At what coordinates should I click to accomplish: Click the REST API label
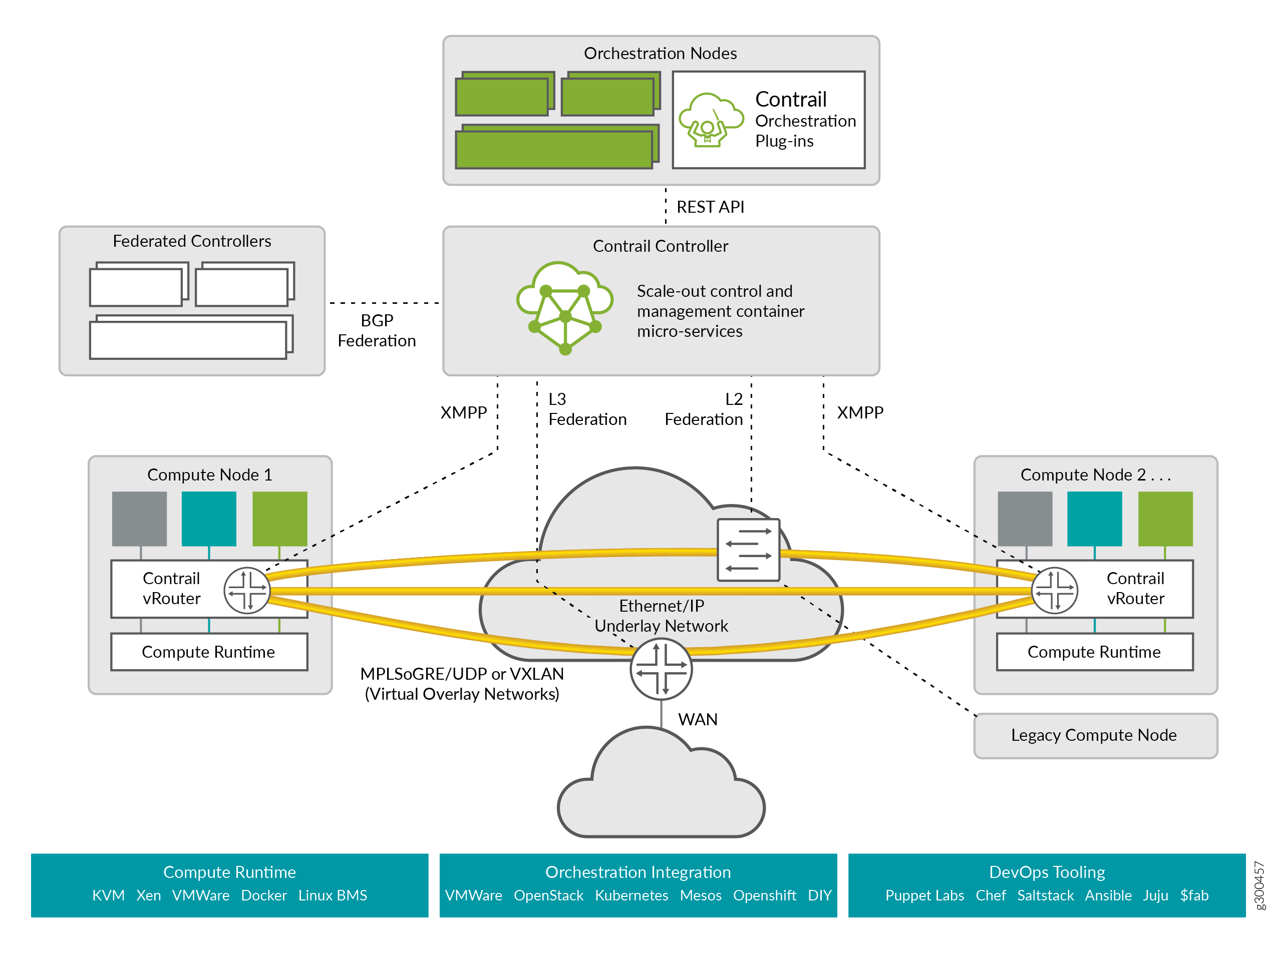[x=710, y=207]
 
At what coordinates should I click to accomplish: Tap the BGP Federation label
[x=377, y=331]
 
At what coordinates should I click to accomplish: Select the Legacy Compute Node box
[x=1095, y=735]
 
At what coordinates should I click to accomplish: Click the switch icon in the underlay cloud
[x=748, y=550]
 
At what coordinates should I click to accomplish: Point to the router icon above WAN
[x=661, y=669]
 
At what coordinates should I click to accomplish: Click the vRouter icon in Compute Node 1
[x=247, y=590]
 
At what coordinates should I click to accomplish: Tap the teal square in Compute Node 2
[x=1094, y=518]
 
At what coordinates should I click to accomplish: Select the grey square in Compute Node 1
[x=139, y=518]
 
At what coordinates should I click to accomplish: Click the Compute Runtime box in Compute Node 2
[x=1094, y=652]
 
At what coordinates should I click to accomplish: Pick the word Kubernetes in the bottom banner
[x=631, y=895]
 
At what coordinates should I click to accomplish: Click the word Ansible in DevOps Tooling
[x=1108, y=895]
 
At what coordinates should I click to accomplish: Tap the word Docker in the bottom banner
[x=264, y=895]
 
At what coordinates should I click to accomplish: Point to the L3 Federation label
[x=586, y=409]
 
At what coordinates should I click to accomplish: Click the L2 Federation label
[x=704, y=409]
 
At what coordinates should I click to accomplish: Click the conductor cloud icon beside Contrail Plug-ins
[x=711, y=120]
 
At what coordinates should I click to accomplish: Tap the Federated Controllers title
[x=192, y=241]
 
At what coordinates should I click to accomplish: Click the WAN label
[x=698, y=720]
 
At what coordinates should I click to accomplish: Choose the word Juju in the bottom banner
[x=1155, y=895]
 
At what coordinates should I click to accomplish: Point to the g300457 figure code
[x=1259, y=885]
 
